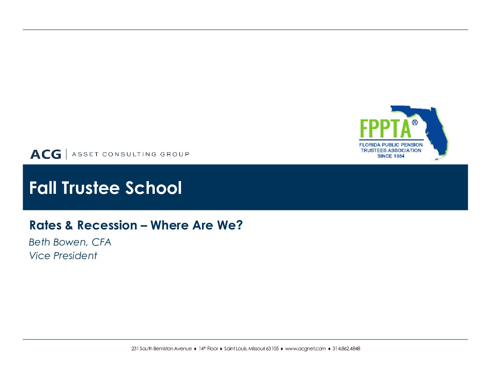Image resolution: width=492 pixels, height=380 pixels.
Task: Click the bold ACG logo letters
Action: (x=45, y=154)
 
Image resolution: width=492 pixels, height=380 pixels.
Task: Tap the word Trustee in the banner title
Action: (x=91, y=188)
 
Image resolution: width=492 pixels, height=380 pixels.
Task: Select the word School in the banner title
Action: (x=153, y=188)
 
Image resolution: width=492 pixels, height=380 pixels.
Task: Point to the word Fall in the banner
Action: (x=43, y=188)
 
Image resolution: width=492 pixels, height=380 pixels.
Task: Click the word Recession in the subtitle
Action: (x=107, y=225)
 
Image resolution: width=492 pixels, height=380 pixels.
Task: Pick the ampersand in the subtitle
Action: (x=69, y=225)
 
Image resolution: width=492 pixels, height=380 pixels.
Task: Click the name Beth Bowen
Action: (x=58, y=242)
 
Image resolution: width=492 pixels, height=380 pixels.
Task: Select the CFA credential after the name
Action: (x=101, y=242)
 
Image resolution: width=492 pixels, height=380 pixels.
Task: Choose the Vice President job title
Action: (x=63, y=256)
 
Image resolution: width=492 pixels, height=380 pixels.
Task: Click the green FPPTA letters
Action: (x=385, y=129)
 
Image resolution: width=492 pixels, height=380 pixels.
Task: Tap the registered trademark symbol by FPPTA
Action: (x=414, y=123)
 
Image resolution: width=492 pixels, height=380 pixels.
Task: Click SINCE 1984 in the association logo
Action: (x=391, y=156)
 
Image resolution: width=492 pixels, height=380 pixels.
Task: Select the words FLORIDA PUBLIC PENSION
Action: (x=391, y=145)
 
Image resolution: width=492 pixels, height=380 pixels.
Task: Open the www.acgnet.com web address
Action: (x=305, y=349)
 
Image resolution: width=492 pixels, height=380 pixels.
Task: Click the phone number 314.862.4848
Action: (x=346, y=349)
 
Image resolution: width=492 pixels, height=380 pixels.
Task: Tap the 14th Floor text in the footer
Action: (x=209, y=349)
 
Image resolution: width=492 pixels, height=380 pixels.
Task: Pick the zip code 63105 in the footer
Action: (x=272, y=349)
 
